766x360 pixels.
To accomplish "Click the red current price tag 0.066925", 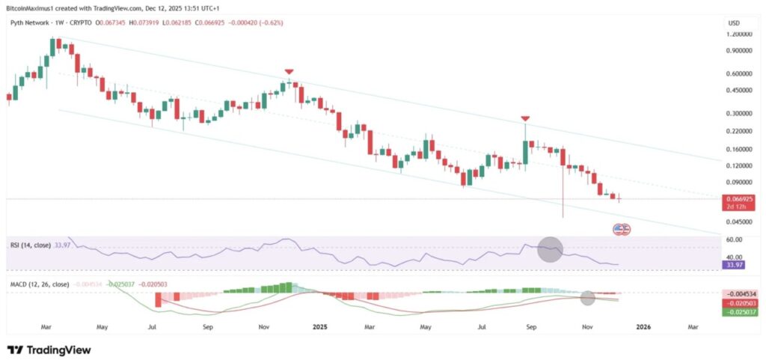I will (735, 200).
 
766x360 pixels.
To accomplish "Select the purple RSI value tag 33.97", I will (735, 264).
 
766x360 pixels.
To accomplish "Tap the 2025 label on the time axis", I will (320, 327).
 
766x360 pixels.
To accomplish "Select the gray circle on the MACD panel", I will (588, 298).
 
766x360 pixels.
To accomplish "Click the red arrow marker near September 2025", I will (526, 119).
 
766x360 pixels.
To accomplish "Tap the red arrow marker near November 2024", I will (289, 72).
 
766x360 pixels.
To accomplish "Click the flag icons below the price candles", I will (621, 229).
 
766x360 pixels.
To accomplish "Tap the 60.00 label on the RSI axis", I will (734, 240).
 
